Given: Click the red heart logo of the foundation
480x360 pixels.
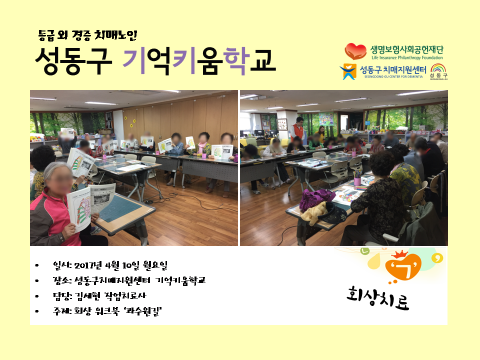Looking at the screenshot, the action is click(355, 51).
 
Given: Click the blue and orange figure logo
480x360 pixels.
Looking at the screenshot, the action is click(348, 71).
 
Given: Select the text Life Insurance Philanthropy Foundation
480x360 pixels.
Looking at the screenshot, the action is click(407, 57).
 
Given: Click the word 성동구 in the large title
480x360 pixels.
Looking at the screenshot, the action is click(73, 61).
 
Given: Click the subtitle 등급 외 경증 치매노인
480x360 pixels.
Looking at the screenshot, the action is click(87, 35).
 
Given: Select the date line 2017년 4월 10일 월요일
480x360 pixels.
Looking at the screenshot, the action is click(121, 265).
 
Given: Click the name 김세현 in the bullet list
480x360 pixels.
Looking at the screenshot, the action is click(87, 295).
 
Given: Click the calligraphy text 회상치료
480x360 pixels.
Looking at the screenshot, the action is click(378, 297).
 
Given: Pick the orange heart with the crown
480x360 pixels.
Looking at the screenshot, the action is click(403, 265).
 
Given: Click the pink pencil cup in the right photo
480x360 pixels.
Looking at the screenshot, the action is click(357, 181).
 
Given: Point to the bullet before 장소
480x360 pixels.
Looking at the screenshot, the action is click(37, 280).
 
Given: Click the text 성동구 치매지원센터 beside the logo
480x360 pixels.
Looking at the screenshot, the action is click(393, 70).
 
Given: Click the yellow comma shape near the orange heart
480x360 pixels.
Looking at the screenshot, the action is click(436, 258).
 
